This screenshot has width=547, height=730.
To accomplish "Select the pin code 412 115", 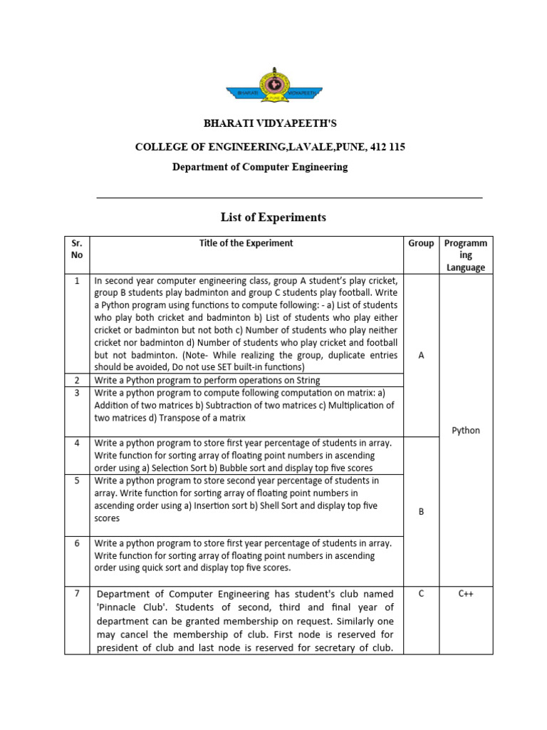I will click(x=387, y=147).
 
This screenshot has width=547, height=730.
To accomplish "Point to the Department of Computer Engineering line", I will click(x=260, y=167).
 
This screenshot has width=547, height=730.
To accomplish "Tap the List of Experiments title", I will click(x=273, y=217).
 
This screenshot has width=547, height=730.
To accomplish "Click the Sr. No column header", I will click(x=77, y=249).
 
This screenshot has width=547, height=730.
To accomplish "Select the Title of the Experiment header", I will click(x=246, y=243).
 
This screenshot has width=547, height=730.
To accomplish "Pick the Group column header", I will click(x=421, y=243).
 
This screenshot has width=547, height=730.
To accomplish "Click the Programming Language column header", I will click(x=466, y=255).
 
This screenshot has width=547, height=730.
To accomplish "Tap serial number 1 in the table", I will click(x=77, y=281).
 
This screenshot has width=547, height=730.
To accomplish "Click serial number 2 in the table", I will click(x=77, y=380).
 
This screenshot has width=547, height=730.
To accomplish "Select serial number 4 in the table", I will click(x=77, y=443).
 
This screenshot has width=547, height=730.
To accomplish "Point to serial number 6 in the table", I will click(x=77, y=543).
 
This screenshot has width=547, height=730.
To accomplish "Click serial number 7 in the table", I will click(x=77, y=594).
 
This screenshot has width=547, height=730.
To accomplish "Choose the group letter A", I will click(x=421, y=355).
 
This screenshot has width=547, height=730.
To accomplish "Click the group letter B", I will click(x=421, y=511).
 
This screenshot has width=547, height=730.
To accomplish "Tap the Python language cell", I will click(x=466, y=431).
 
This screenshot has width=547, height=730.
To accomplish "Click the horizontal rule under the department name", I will click(x=289, y=197).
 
